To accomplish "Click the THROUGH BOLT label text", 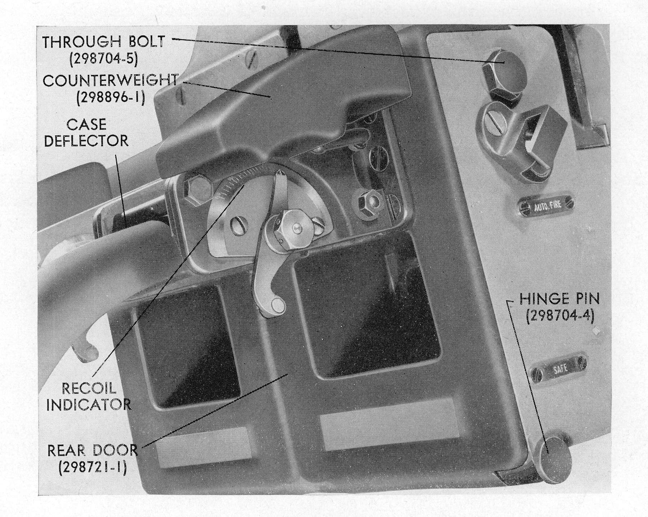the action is click(104, 42).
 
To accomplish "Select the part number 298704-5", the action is click(104, 59).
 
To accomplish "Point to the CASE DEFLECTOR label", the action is click(86, 132).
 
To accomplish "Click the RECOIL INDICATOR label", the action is click(89, 396).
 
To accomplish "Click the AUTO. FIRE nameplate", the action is click(545, 207).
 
